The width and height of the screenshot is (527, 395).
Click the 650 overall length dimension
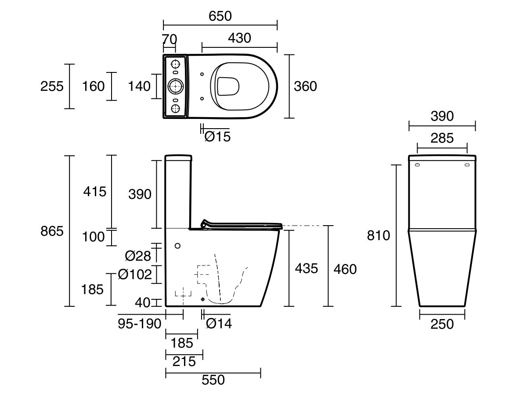click(x=220, y=16)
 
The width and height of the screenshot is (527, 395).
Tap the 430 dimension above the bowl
click(x=239, y=38)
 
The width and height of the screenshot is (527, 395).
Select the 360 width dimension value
click(x=305, y=86)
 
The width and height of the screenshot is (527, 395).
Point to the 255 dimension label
click(x=52, y=86)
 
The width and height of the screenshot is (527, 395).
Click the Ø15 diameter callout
click(x=217, y=137)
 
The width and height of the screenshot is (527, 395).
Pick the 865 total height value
click(x=52, y=231)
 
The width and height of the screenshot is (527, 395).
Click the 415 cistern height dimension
click(x=94, y=191)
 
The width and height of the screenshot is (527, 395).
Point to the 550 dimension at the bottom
click(x=213, y=380)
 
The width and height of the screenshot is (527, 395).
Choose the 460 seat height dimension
click(x=345, y=269)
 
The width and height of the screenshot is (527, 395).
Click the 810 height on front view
click(x=378, y=236)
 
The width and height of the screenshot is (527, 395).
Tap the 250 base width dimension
click(x=442, y=324)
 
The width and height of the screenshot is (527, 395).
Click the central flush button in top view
click(x=176, y=86)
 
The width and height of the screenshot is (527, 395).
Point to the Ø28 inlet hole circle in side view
click(x=178, y=246)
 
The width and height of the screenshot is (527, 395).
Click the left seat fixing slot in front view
click(x=417, y=165)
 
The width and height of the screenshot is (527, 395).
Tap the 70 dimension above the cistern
click(x=169, y=39)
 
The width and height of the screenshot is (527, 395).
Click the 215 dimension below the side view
click(x=184, y=362)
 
